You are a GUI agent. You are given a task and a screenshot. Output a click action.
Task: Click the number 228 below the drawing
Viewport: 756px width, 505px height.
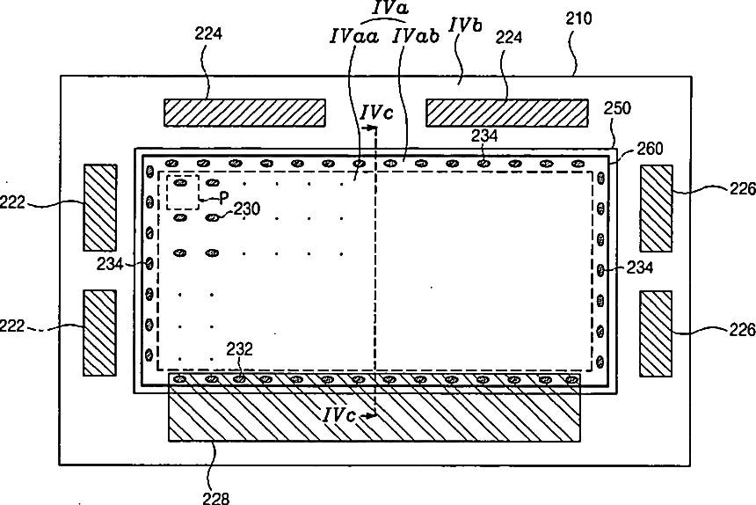[x=217, y=497]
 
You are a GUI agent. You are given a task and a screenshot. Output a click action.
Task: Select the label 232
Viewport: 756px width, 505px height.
[x=240, y=348]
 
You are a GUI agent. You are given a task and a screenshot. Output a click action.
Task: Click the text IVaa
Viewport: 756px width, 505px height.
[x=354, y=37]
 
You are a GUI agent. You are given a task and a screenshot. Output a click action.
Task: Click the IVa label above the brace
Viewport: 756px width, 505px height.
[x=389, y=8]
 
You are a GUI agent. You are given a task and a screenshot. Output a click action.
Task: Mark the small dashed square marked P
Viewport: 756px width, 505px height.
[x=183, y=192]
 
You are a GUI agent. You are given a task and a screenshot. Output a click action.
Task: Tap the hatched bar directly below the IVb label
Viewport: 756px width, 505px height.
[x=507, y=113]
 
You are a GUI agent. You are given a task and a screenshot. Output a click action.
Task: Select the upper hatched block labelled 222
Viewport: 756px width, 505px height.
[x=99, y=206]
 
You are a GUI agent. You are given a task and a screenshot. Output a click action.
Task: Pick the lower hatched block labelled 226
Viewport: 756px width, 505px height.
[x=656, y=332]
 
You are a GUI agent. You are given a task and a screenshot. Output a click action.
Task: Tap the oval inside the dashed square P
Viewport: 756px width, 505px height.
[x=180, y=184]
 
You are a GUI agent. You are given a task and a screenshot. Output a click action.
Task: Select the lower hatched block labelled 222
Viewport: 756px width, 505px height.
[x=99, y=332]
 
